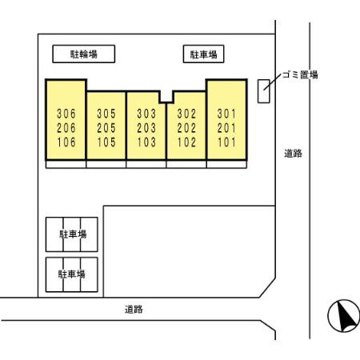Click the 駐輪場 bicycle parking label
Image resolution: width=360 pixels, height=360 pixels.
84,54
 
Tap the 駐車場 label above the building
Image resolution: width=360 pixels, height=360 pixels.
203,54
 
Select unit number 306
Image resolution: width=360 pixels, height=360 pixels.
66,114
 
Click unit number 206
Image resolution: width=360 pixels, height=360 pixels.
66,128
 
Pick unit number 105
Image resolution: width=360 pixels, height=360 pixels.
106,142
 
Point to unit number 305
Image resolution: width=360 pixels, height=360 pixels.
106,114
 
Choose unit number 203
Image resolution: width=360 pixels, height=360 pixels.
146,128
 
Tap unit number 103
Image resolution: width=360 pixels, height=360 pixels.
146,142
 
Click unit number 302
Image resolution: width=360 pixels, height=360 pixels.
186,114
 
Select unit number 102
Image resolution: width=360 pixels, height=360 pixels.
186,142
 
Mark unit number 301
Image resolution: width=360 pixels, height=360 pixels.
226,114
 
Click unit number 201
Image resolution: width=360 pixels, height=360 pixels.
226,128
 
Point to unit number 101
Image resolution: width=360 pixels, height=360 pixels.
226,142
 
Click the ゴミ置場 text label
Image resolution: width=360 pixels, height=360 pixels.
300,74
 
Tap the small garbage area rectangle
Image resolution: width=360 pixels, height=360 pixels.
263,91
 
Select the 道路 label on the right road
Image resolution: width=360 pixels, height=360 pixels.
293,154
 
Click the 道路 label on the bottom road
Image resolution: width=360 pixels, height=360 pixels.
134,310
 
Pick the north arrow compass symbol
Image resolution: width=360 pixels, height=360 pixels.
344,316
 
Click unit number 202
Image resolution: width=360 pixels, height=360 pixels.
186,128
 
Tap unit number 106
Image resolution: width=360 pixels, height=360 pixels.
66,142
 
